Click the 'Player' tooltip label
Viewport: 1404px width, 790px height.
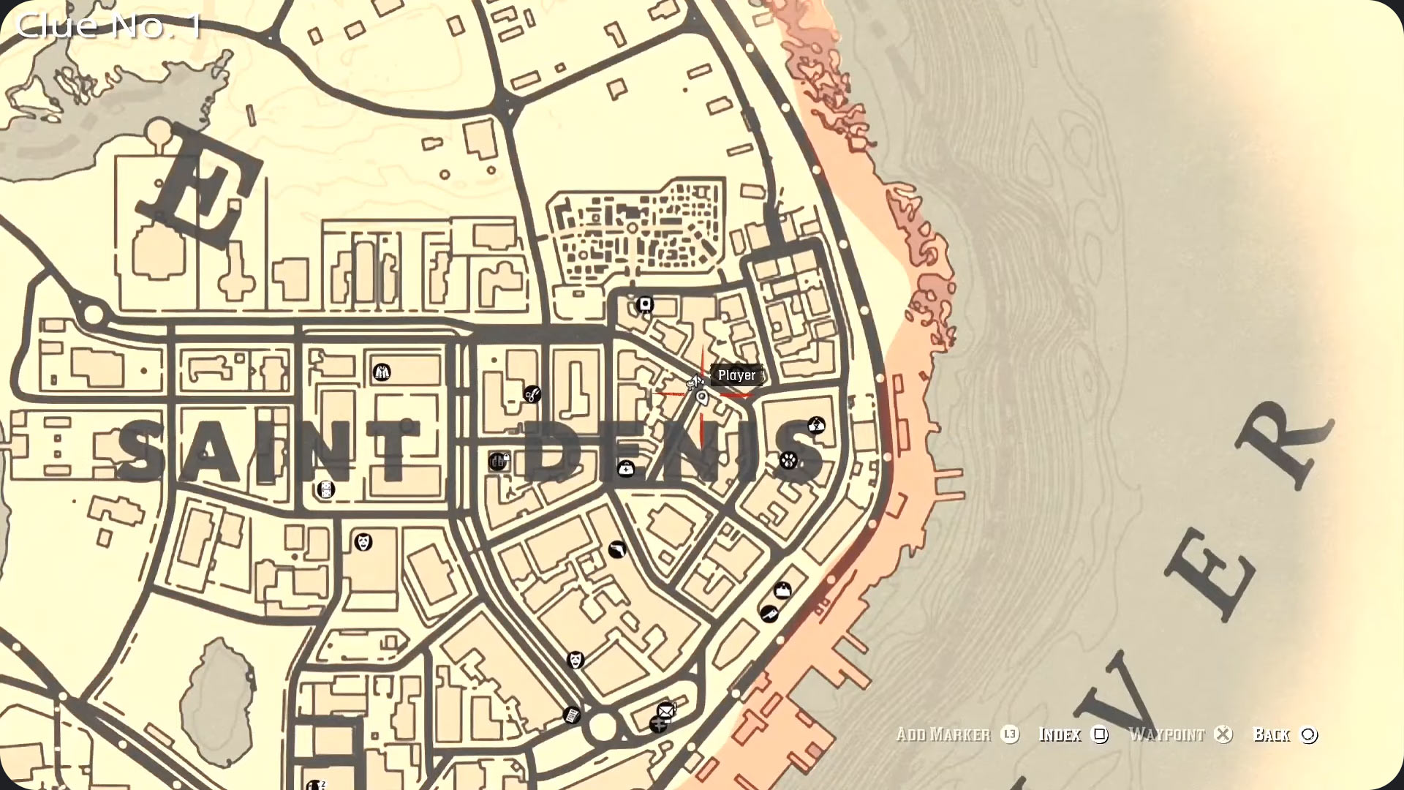click(x=736, y=375)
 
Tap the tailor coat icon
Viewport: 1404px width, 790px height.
click(x=381, y=372)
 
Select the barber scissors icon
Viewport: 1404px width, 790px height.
click(x=532, y=394)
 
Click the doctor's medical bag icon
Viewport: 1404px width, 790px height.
click(x=626, y=468)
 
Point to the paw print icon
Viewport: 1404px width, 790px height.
click(x=788, y=460)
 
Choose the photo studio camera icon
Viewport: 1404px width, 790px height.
click(x=644, y=304)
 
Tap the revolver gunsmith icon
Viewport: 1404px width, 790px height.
click(x=617, y=549)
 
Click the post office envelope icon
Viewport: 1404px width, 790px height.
click(x=665, y=710)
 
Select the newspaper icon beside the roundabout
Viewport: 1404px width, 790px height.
click(x=572, y=715)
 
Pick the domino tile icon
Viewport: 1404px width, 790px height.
click(x=325, y=489)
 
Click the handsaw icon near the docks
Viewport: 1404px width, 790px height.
click(x=768, y=613)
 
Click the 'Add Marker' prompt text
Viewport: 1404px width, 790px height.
click(x=943, y=734)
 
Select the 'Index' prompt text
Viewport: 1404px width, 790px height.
click(x=1060, y=734)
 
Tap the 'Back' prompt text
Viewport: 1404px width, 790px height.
click(x=1272, y=734)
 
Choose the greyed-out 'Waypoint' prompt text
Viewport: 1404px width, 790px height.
click(x=1166, y=734)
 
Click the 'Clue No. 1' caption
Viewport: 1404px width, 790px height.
click(x=108, y=26)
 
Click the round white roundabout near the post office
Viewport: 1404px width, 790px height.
click(x=603, y=727)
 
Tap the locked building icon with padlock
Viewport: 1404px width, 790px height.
click(x=499, y=461)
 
